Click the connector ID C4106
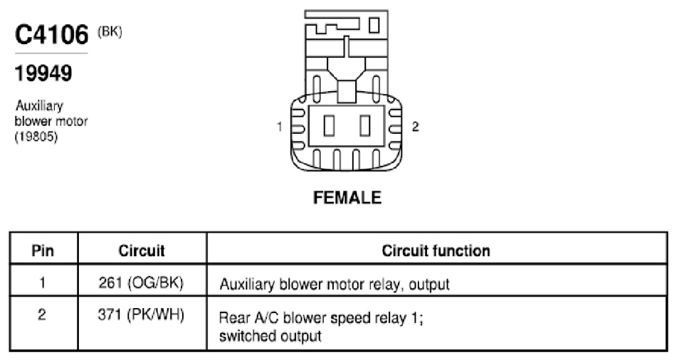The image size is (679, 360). [x=51, y=35]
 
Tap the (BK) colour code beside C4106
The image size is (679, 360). [x=110, y=32]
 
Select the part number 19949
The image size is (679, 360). [x=43, y=73]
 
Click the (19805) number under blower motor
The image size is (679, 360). [x=36, y=137]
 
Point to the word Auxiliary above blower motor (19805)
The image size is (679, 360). [x=39, y=105]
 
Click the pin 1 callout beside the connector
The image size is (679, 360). [x=279, y=127]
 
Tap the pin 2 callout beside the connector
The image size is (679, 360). [x=415, y=127]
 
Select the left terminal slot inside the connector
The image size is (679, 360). [x=329, y=126]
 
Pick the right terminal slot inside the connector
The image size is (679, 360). [x=365, y=126]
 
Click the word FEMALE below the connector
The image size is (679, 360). [x=347, y=197]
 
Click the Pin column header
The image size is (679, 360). [x=43, y=250]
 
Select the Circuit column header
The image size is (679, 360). [x=142, y=250]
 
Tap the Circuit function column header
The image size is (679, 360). [x=436, y=250]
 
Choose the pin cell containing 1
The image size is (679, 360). [x=43, y=283]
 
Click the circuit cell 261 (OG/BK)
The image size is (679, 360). [x=141, y=283]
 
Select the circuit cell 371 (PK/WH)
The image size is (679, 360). [x=141, y=314]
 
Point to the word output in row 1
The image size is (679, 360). [x=429, y=285]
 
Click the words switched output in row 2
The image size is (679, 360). [x=270, y=337]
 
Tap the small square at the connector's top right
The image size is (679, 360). [x=374, y=25]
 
